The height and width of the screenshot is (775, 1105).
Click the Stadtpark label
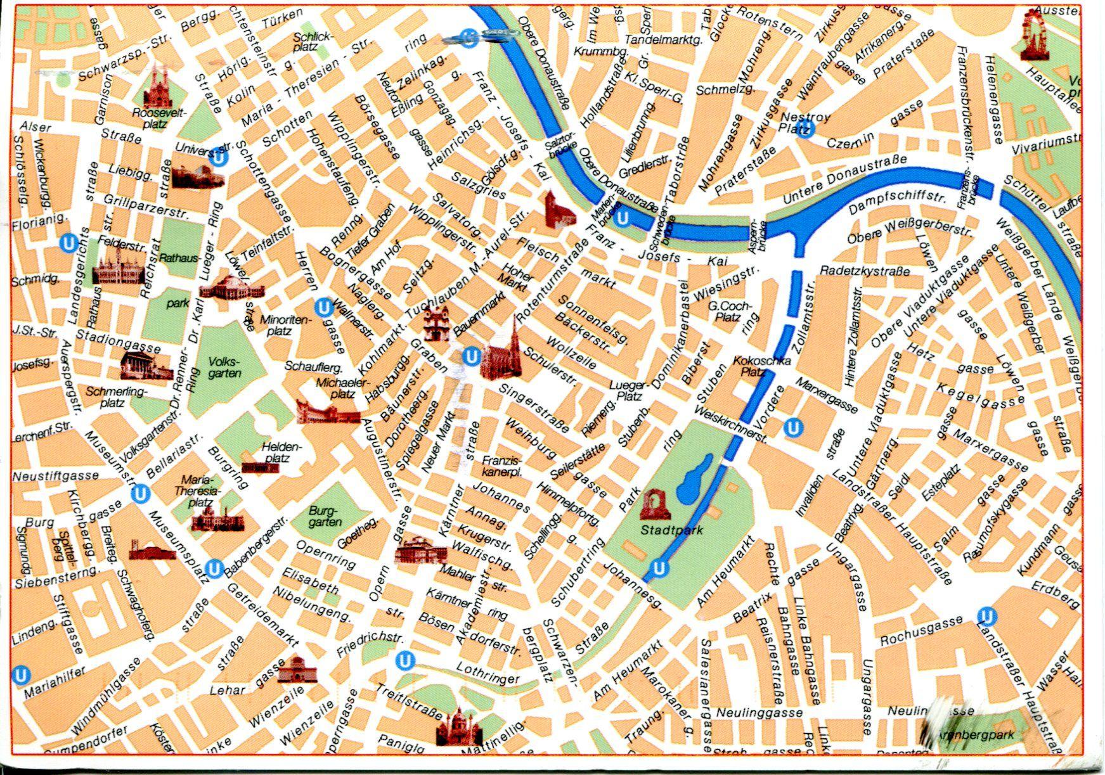tap(671, 530)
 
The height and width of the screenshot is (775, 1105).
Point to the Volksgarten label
tap(224, 368)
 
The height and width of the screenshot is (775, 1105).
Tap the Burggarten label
tap(325, 516)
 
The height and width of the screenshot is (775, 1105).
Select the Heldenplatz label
tap(281, 452)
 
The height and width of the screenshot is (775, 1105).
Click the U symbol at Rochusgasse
tap(986, 615)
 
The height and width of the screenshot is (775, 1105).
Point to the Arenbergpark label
tap(986, 735)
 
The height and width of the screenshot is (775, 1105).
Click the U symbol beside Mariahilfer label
tap(21, 675)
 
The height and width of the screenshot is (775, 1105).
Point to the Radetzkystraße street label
tap(865, 271)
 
